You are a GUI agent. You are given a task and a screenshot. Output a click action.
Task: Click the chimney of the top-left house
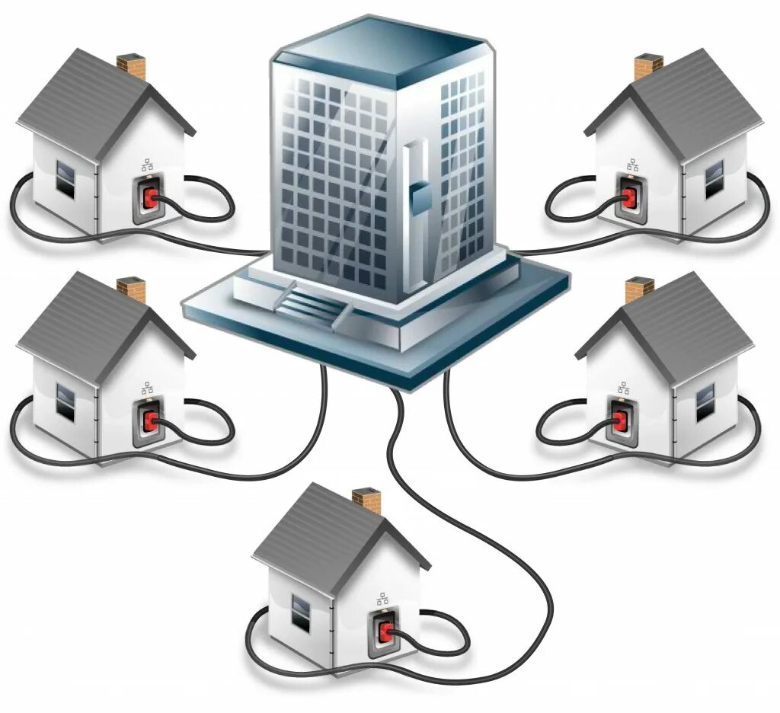pyautogui.click(x=132, y=66)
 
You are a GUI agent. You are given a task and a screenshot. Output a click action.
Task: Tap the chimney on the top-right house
pyautogui.click(x=647, y=66)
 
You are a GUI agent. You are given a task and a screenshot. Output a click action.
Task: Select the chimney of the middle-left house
pyautogui.click(x=132, y=289)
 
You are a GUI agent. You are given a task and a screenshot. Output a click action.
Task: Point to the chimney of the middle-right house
pyautogui.click(x=639, y=289)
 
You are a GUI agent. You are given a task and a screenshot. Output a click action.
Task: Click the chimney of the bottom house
pyautogui.click(x=367, y=500)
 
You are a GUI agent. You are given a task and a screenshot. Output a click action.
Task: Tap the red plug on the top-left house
pyautogui.click(x=150, y=197)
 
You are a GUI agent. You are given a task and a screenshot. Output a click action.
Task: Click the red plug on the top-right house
pyautogui.click(x=628, y=197)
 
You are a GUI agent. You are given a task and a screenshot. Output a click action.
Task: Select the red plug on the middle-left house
pyautogui.click(x=150, y=420)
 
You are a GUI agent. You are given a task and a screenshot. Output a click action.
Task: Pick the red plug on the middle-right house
pyautogui.click(x=619, y=420)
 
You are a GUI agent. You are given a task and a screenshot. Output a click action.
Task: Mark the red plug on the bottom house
pyautogui.click(x=385, y=631)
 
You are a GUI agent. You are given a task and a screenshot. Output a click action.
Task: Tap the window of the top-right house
pyautogui.click(x=714, y=177)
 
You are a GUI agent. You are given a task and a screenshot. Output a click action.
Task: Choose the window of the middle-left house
pyautogui.click(x=66, y=401)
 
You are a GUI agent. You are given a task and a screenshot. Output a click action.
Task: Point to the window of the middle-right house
pyautogui.click(x=705, y=401)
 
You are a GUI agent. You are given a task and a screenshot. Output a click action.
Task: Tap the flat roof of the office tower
pyautogui.click(x=381, y=47)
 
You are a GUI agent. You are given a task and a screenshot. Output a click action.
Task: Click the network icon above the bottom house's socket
pyautogui.click(x=382, y=599)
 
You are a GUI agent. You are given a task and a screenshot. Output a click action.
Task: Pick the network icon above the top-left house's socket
pyautogui.click(x=147, y=165)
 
